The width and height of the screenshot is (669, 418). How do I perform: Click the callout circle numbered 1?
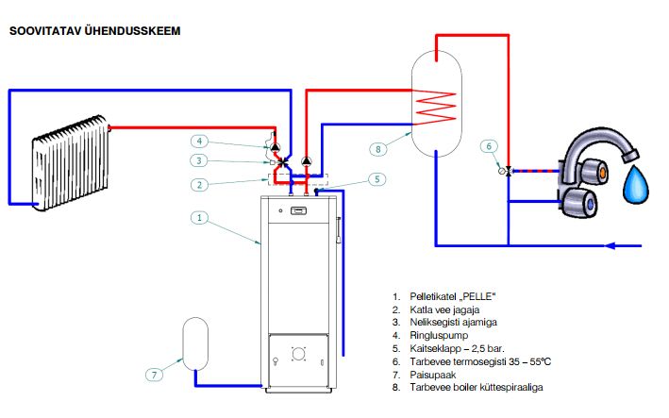199,217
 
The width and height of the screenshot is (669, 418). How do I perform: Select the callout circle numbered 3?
199,161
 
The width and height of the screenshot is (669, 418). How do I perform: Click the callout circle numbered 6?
488,146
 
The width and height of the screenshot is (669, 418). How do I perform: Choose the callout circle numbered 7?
153,374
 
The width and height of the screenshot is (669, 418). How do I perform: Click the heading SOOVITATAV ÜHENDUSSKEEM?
94,30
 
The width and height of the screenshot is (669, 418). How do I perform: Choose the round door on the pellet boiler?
299,355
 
